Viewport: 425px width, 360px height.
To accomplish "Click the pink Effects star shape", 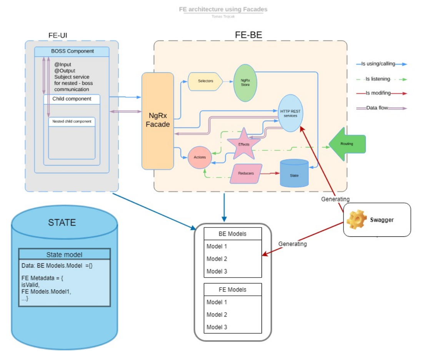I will click(243, 145).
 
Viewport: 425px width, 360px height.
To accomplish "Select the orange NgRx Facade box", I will click(159, 121).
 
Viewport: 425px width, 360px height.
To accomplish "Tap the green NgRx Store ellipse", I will click(245, 83).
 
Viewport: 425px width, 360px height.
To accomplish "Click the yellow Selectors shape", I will click(205, 81).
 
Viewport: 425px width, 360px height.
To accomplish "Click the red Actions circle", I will click(200, 157).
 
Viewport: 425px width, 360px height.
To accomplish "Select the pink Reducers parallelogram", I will click(246, 174).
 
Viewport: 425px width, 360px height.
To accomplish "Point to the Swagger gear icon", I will click(356, 220).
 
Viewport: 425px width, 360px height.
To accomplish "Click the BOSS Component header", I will click(72, 51).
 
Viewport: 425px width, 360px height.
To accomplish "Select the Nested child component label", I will click(72, 122).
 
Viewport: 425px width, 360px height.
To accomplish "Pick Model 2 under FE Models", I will click(217, 315).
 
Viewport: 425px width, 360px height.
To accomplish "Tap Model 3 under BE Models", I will click(217, 271).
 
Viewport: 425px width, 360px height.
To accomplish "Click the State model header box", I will click(64, 255).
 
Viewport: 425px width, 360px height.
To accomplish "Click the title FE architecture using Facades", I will click(223, 9).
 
